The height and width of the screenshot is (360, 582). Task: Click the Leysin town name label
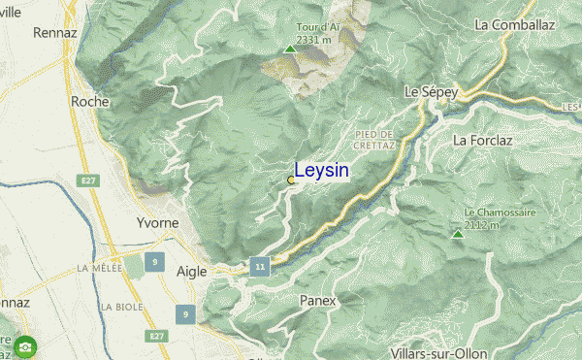(x=321, y=171)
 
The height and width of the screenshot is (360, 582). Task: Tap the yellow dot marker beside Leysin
(x=291, y=180)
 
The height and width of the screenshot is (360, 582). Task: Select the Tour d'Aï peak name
(x=290, y=29)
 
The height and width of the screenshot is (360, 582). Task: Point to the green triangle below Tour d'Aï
(x=289, y=49)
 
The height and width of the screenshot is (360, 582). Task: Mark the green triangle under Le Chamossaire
(x=457, y=234)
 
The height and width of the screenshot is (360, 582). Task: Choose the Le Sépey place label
(x=431, y=92)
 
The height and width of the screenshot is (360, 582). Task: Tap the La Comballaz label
(x=513, y=23)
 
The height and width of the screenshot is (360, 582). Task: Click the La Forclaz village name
(x=483, y=140)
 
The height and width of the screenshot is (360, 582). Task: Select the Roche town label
(x=89, y=100)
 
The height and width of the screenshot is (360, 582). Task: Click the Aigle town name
(x=191, y=272)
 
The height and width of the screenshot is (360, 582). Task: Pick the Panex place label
(x=318, y=301)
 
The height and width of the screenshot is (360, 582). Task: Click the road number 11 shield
(x=258, y=265)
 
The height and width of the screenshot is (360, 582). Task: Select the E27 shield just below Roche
(x=90, y=180)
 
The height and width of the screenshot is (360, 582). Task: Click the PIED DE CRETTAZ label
(x=374, y=139)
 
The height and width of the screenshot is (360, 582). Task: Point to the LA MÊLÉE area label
(x=100, y=268)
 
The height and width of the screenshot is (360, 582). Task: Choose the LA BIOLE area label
(x=119, y=307)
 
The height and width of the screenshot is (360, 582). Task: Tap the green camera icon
(x=25, y=344)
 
